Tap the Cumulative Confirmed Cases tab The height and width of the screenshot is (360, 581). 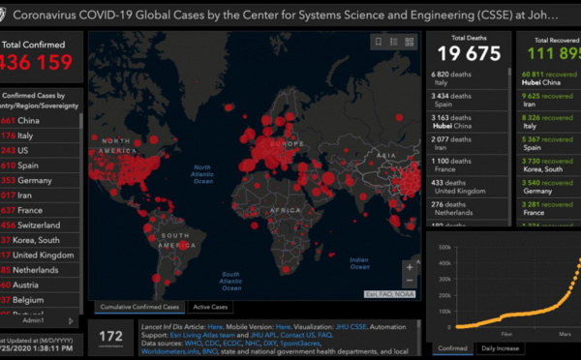point(136,307)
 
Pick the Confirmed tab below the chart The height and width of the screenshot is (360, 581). point(450,347)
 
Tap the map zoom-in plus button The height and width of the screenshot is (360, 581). point(411,266)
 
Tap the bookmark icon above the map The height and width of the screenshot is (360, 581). point(379,42)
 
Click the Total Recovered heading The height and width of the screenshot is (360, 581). point(547,40)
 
